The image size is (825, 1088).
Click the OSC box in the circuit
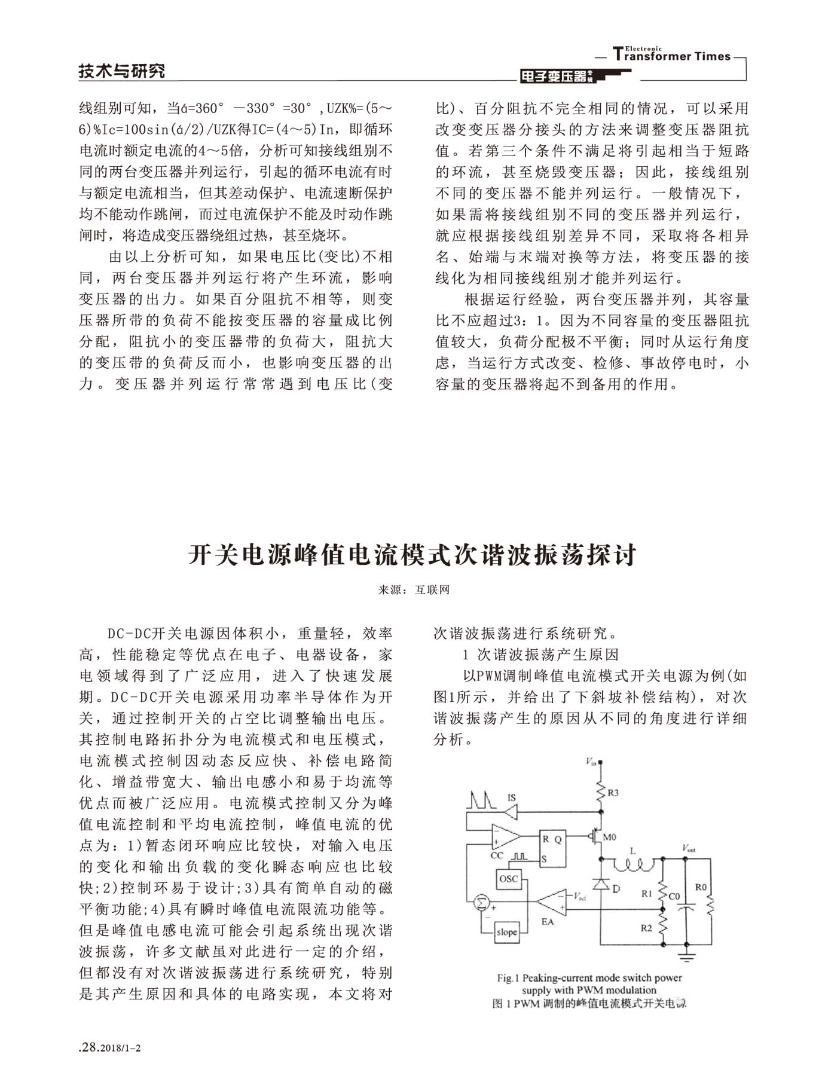pyautogui.click(x=509, y=879)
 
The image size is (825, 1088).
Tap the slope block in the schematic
pyautogui.click(x=507, y=932)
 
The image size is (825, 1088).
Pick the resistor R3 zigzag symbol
pyautogui.click(x=601, y=793)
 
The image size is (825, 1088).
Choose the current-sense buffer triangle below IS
pyautogui.click(x=512, y=812)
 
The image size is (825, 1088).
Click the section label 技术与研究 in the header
pyautogui.click(x=122, y=71)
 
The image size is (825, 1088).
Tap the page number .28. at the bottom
pyautogui.click(x=90, y=1047)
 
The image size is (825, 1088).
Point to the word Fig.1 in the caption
pyautogui.click(x=508, y=979)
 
